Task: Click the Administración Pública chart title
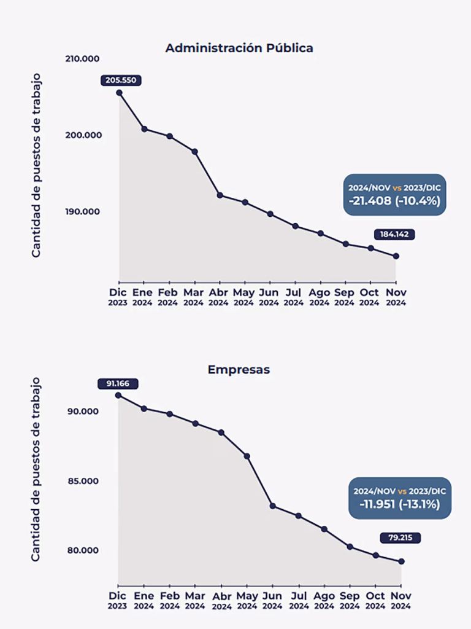point(239,48)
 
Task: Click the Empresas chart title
point(239,370)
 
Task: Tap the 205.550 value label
point(122,80)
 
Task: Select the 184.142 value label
point(394,234)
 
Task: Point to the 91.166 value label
point(118,383)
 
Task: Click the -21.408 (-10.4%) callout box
point(394,195)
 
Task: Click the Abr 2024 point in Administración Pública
point(220,195)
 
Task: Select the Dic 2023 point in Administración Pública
point(119,93)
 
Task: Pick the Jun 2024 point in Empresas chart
point(272,506)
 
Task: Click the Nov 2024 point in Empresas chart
point(401,561)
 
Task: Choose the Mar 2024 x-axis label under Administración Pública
point(194,297)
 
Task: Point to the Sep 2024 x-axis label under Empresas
point(349,600)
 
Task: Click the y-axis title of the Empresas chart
point(36,469)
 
